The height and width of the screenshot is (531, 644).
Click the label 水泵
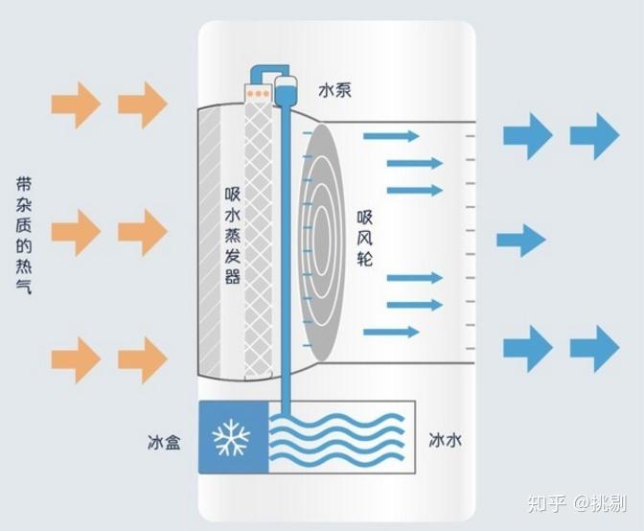[334, 90]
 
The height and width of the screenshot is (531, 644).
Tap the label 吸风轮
[365, 239]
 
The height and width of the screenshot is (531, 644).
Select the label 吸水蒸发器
[233, 236]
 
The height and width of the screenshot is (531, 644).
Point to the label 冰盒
[164, 442]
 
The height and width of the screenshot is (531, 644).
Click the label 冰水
[446, 440]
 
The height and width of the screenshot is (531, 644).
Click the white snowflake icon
[231, 437]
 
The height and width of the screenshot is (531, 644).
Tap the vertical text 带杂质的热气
[24, 236]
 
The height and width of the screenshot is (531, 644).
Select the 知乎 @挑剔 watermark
[577, 503]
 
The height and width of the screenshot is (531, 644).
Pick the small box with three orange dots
[259, 93]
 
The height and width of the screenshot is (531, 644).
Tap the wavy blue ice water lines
[336, 439]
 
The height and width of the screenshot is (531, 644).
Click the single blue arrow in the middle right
[520, 241]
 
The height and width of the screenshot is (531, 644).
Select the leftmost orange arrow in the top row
[76, 104]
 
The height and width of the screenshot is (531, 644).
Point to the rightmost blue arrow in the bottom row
[594, 349]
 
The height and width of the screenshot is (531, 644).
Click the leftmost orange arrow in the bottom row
[76, 360]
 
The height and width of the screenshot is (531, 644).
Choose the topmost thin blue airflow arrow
[391, 136]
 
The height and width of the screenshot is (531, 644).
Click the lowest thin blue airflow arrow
[391, 332]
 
